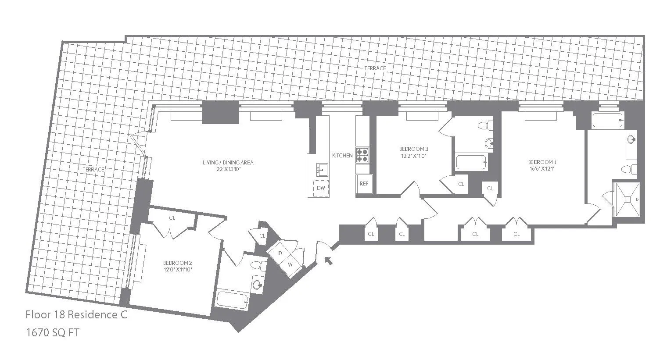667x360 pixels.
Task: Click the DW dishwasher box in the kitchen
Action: [x=321, y=188]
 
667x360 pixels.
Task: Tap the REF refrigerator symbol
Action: [x=364, y=184]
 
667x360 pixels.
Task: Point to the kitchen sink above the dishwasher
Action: [x=321, y=169]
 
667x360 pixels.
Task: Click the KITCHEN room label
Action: [x=342, y=156]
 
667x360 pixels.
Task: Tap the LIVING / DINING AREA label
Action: [x=228, y=163]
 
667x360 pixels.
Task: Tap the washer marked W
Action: [x=290, y=264]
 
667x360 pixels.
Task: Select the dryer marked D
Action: [x=280, y=253]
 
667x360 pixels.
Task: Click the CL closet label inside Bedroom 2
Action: [x=172, y=217]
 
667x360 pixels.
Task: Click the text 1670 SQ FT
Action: [x=52, y=333]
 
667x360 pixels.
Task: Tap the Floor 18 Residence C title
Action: [x=76, y=315]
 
